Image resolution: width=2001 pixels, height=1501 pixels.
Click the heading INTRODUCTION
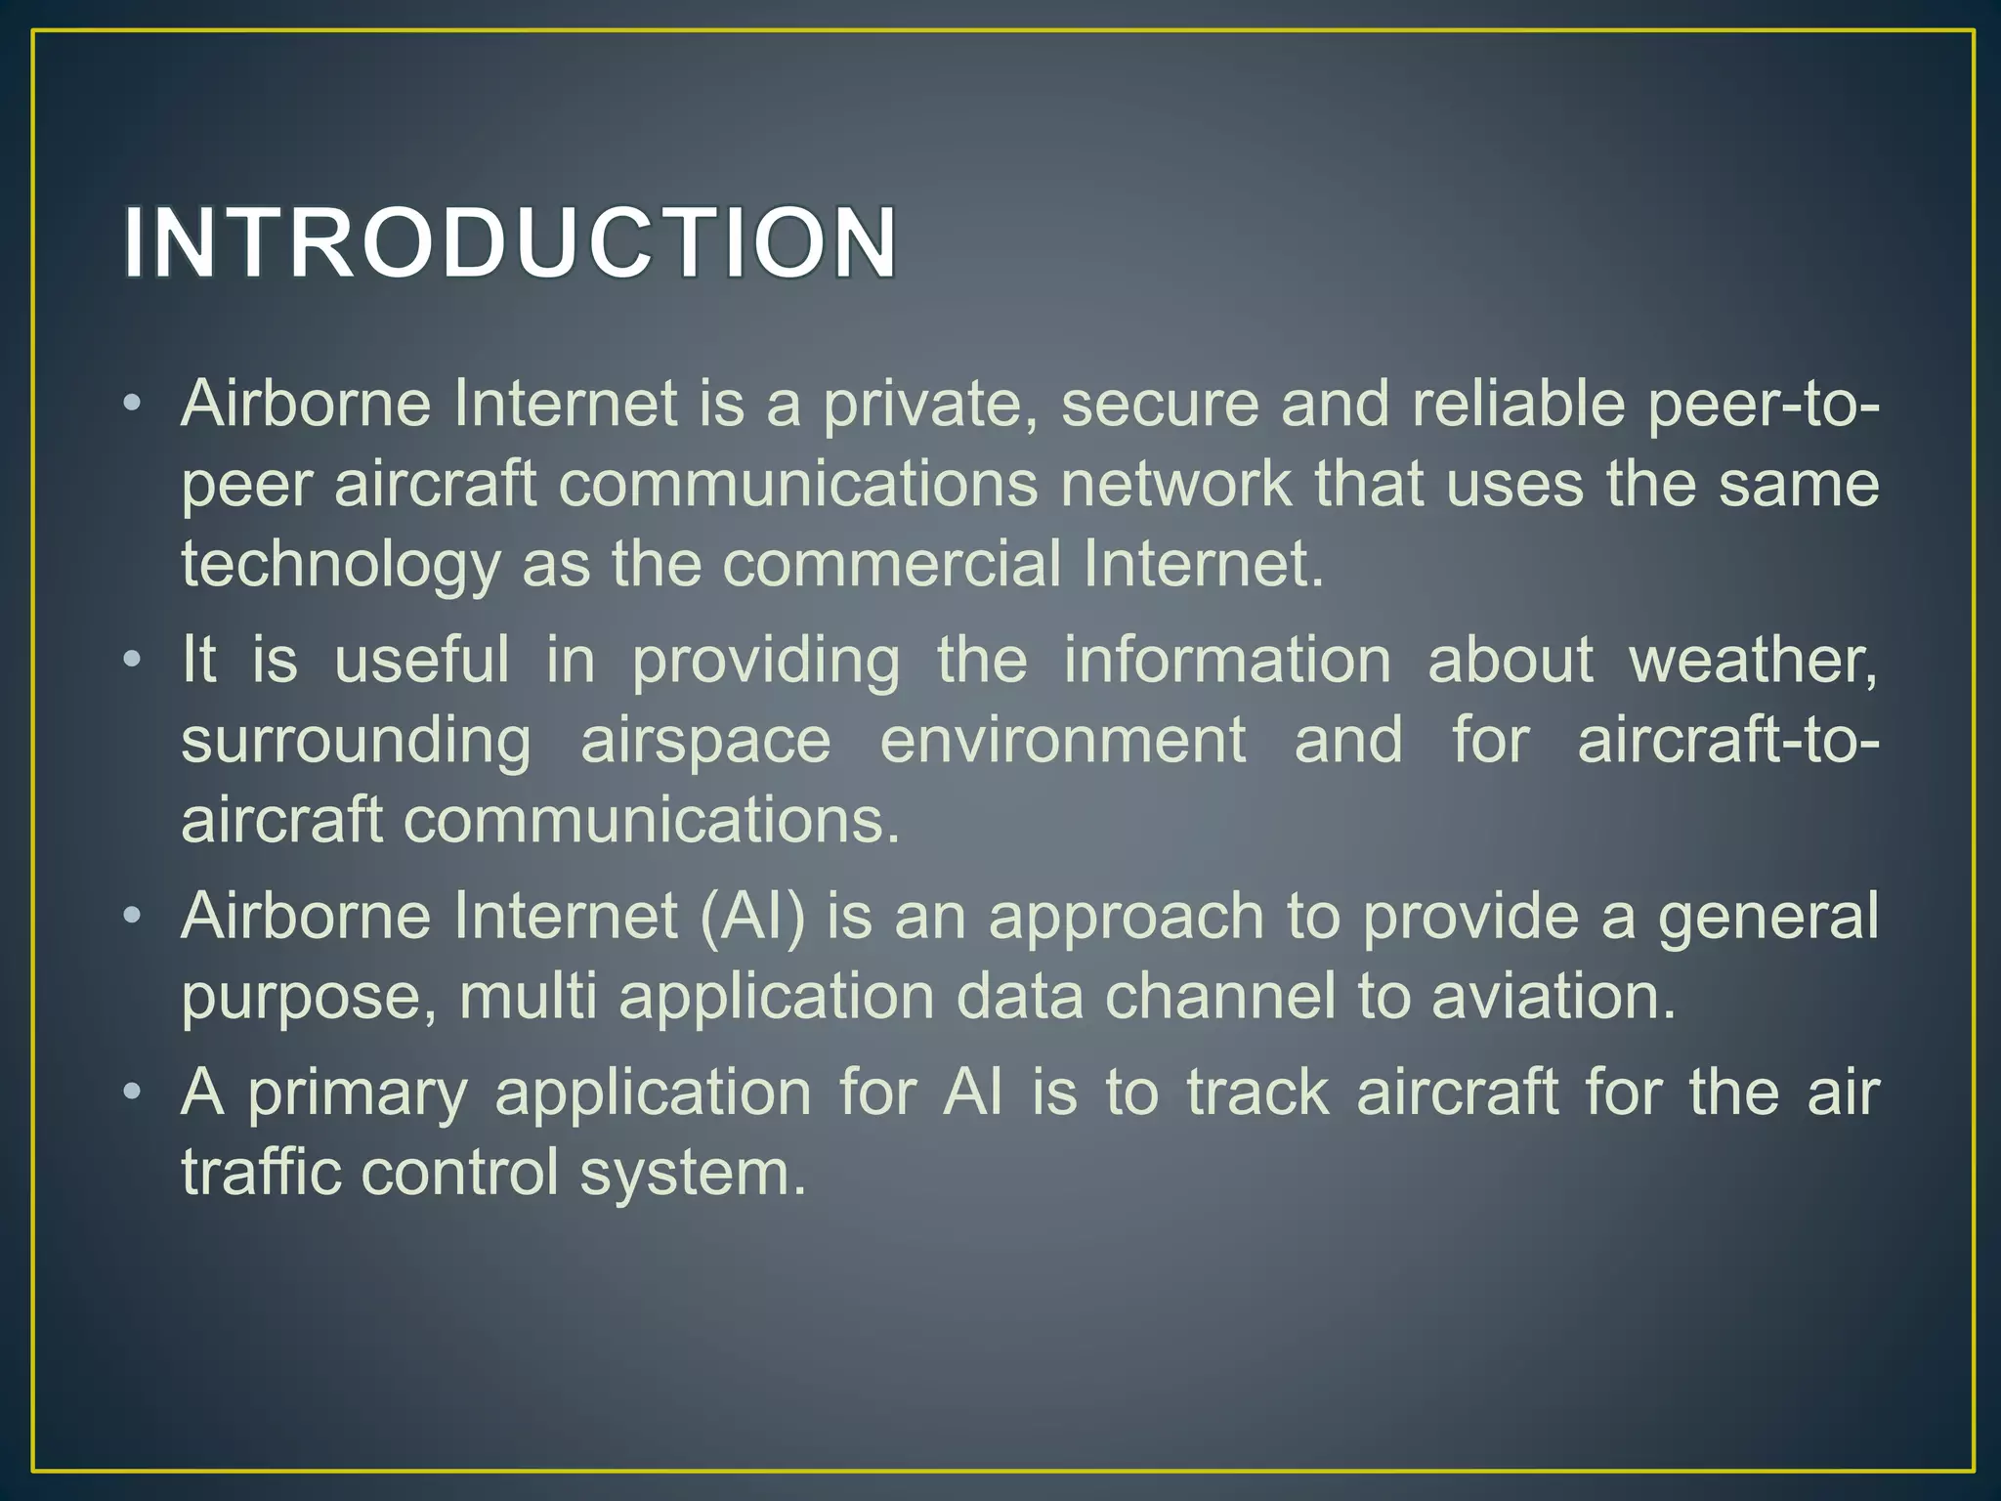[510, 242]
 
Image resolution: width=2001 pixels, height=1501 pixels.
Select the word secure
[1160, 405]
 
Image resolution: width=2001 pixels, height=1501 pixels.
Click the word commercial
[891, 565]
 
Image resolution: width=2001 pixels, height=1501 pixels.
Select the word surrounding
[356, 743]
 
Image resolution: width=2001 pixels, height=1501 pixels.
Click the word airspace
[705, 743]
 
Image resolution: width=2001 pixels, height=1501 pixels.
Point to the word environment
[1062, 741]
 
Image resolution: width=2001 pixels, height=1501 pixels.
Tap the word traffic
[261, 1173]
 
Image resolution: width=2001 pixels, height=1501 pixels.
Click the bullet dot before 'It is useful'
[133, 660]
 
